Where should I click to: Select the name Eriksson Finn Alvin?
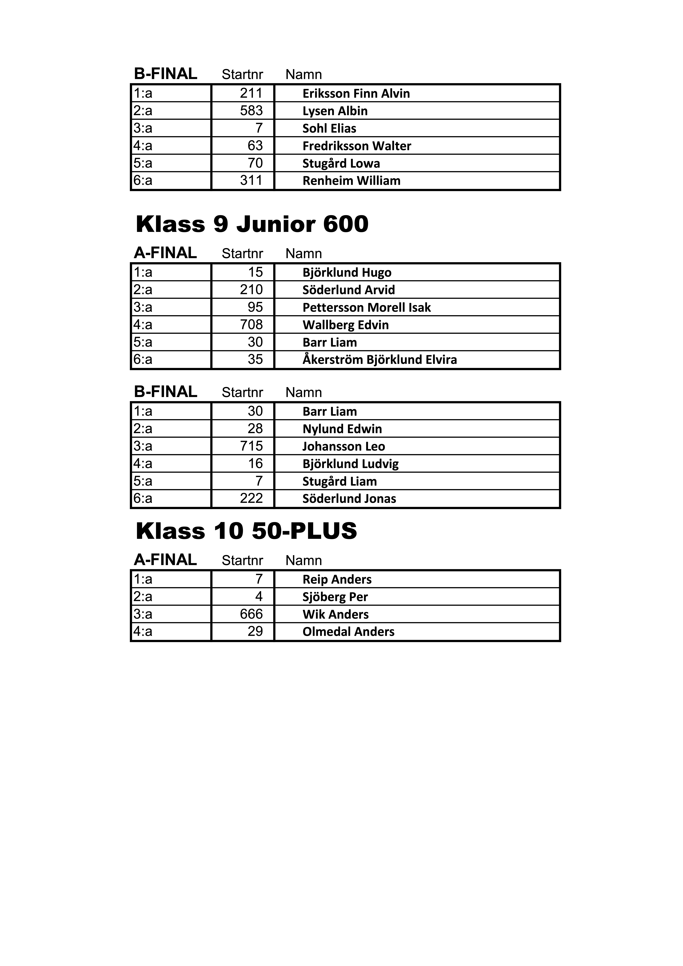point(356,93)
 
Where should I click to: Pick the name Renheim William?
point(351,181)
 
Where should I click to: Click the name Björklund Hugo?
point(347,273)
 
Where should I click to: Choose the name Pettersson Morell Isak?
point(367,308)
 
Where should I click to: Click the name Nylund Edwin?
point(342,429)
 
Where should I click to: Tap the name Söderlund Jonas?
point(349,499)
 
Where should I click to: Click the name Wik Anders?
point(335,615)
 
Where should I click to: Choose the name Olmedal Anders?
point(348,632)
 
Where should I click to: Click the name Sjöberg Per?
point(335,597)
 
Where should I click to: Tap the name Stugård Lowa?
point(341,164)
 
